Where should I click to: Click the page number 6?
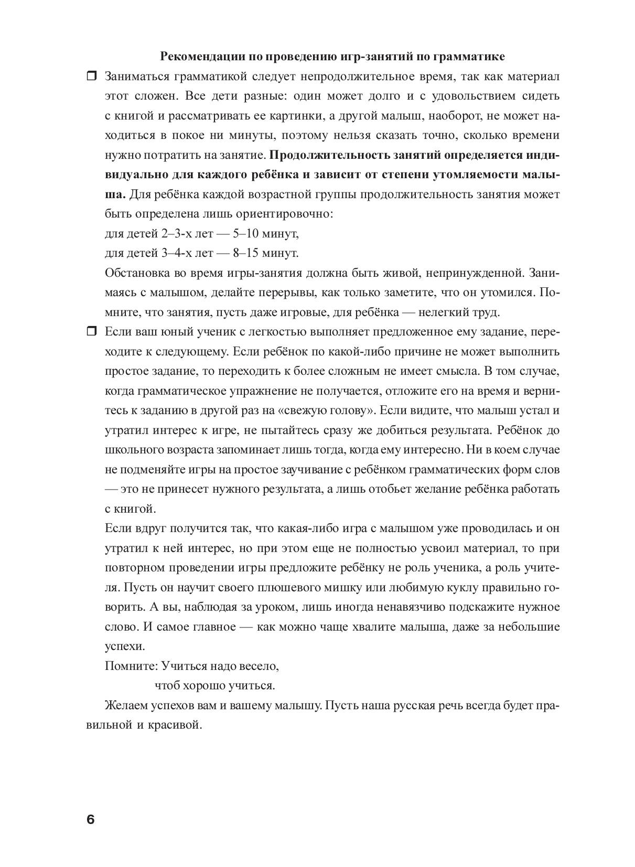click(90, 819)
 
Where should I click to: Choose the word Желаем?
click(126, 706)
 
